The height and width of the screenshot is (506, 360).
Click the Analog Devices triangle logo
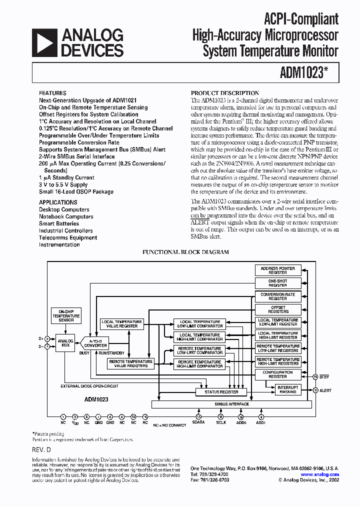point(44,42)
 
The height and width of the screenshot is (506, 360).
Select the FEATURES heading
point(52,93)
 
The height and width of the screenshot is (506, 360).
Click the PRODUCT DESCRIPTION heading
point(225,93)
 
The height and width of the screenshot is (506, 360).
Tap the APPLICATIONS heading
point(58,202)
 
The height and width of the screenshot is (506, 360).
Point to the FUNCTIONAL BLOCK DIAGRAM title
point(185,252)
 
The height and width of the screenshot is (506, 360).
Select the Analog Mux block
point(66,344)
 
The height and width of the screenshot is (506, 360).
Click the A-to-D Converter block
point(95,342)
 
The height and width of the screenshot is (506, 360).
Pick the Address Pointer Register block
point(278,270)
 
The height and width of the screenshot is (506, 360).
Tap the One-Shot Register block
point(278,283)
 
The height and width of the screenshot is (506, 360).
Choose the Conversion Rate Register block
point(278,296)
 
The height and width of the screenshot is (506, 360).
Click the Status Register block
point(221,392)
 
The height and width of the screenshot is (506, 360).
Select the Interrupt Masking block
point(287,389)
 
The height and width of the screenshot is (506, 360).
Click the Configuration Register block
point(278,374)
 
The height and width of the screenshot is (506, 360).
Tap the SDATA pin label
point(198,422)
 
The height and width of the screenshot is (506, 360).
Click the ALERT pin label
point(326,390)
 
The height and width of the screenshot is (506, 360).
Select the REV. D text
point(41,450)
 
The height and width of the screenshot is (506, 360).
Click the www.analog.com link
point(320,474)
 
